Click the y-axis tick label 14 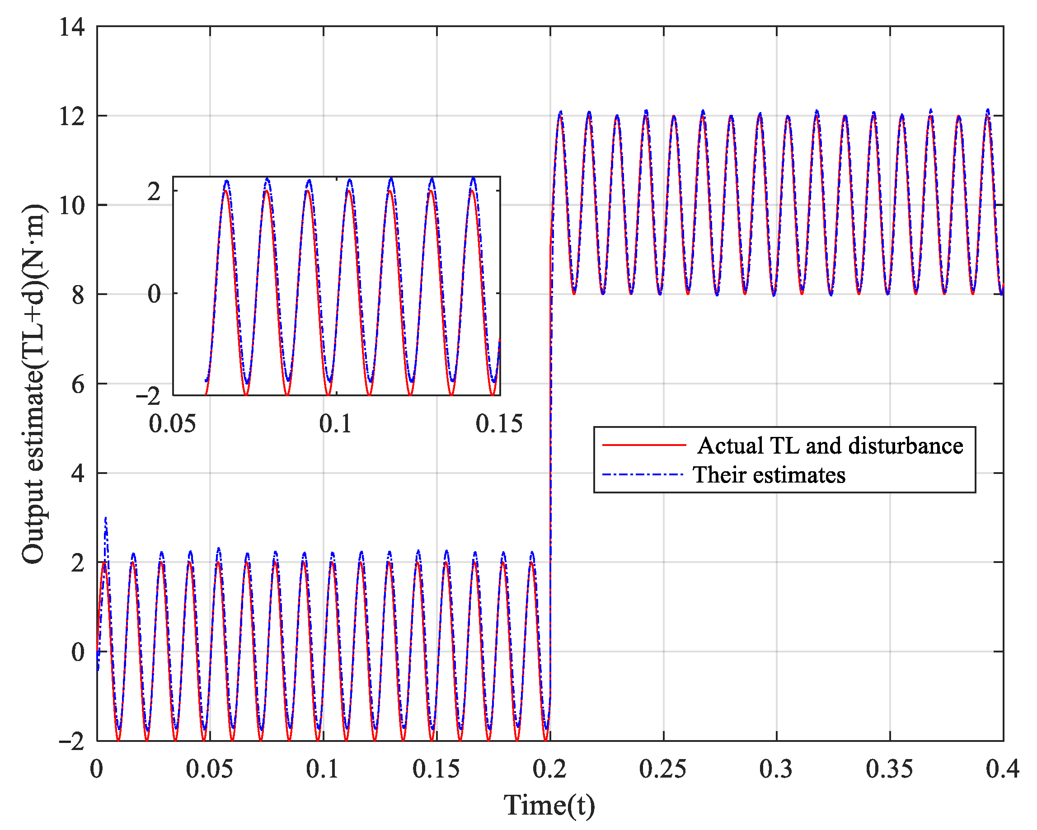click(72, 27)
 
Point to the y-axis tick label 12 click(72, 117)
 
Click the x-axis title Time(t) click(549, 805)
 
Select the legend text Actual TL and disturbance click(830, 446)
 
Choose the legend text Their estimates click(769, 475)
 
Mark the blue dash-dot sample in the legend click(643, 474)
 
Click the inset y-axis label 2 click(154, 192)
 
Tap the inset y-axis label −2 click(148, 396)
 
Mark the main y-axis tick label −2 click(72, 741)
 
